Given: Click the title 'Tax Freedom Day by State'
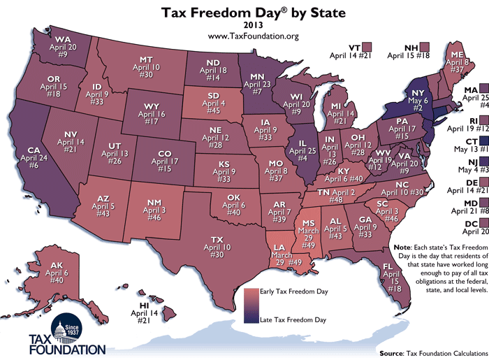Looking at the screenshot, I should point(245,12).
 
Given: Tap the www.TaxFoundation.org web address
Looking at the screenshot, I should point(245,36).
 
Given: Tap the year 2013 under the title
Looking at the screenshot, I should point(245,25).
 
